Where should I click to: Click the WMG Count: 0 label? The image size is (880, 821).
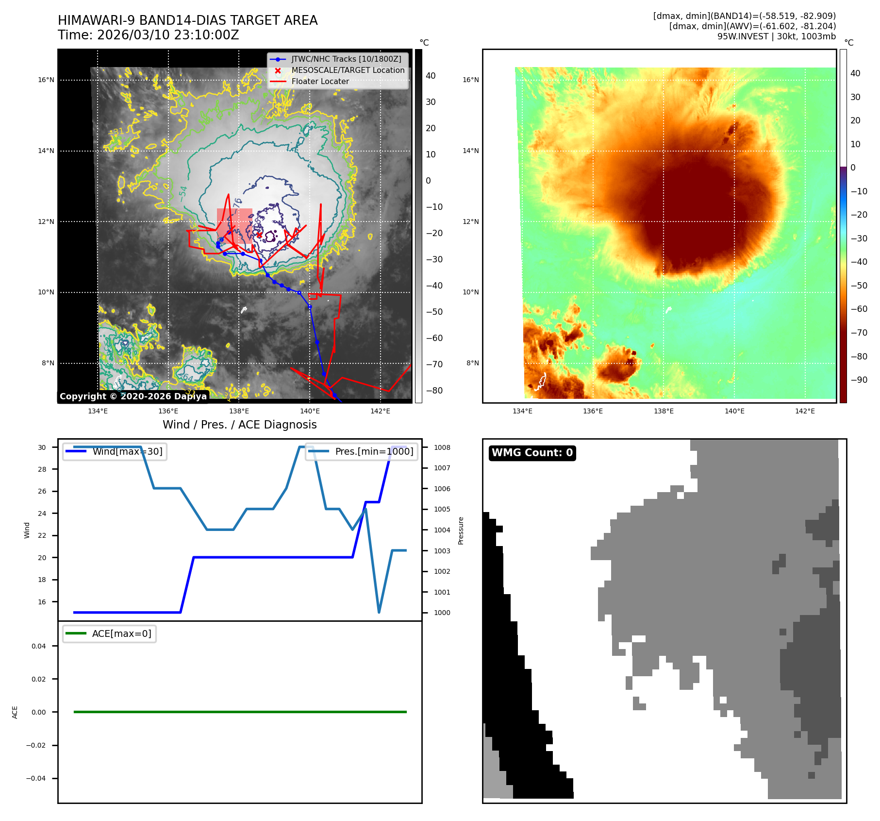[532, 453]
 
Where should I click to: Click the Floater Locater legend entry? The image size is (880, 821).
[320, 82]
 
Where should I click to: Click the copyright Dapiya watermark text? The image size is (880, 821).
[133, 396]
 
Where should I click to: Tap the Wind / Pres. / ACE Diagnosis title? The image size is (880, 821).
[239, 425]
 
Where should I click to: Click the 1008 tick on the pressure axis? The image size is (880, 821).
[442, 447]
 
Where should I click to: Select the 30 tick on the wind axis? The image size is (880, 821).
[42, 447]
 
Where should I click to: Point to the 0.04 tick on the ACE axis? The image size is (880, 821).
[39, 646]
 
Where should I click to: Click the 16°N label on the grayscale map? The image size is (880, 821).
[46, 80]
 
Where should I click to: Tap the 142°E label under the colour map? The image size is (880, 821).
[805, 411]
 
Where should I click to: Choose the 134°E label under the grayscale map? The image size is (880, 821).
[98, 411]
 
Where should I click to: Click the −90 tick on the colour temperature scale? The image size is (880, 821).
[859, 380]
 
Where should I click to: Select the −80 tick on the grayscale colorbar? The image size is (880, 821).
[434, 391]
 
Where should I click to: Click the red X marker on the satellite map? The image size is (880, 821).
[259, 235]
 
